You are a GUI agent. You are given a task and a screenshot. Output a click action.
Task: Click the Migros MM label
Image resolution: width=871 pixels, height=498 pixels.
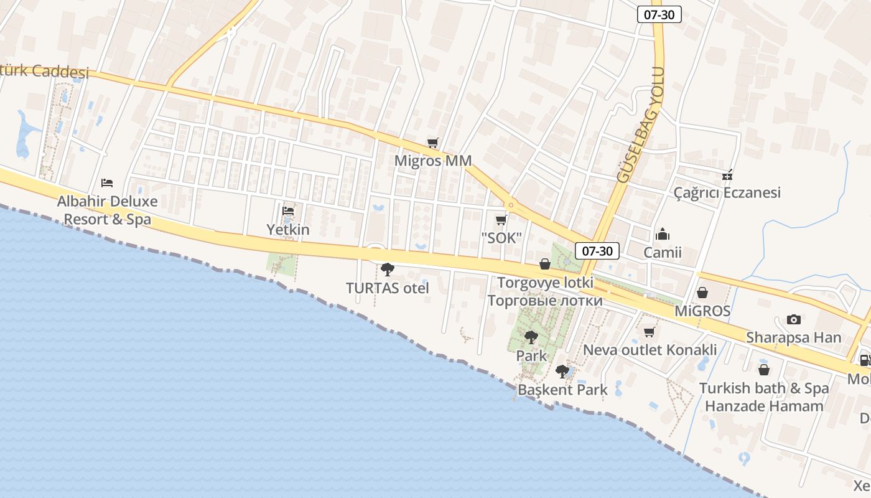click(x=433, y=161)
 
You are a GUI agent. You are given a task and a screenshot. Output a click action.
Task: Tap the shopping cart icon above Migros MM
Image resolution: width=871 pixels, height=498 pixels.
click(x=433, y=143)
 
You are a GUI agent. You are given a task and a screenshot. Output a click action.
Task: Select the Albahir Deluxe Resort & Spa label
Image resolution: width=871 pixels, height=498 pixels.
click(x=107, y=210)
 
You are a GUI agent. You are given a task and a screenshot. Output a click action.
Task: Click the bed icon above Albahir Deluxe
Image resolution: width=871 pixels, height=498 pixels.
click(x=107, y=183)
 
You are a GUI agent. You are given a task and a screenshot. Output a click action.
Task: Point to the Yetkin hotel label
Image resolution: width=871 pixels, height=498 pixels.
click(x=288, y=230)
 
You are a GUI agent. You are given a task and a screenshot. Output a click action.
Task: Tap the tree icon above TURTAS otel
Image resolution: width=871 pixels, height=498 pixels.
click(x=388, y=270)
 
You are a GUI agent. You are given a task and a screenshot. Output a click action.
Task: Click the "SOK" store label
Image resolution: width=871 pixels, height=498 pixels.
click(x=501, y=238)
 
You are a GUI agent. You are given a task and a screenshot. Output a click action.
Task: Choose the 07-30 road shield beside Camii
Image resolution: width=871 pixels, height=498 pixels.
click(x=597, y=251)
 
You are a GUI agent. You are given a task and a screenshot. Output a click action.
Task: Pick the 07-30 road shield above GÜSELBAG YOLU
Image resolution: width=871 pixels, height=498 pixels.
click(x=659, y=14)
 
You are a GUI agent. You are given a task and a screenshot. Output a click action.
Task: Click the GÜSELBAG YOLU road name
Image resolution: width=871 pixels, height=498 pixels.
click(x=641, y=125)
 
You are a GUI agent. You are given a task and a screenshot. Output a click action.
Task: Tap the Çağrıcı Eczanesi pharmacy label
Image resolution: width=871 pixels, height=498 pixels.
click(x=727, y=192)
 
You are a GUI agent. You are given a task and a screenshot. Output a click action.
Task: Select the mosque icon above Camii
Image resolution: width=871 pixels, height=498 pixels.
click(x=663, y=235)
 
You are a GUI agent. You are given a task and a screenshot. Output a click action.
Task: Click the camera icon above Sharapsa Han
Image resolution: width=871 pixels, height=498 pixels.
click(x=793, y=319)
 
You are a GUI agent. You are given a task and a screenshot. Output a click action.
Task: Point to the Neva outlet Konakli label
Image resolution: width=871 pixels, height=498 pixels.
click(x=650, y=350)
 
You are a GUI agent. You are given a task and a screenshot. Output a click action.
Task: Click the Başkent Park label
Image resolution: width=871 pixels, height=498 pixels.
click(x=562, y=390)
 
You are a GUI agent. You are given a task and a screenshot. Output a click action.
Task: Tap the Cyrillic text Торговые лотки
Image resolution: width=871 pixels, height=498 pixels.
click(x=545, y=301)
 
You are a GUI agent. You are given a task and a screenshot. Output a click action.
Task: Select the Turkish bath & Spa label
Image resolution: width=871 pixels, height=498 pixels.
click(x=764, y=388)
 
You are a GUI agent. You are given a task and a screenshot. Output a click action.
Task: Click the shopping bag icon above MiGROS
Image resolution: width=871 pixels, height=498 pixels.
click(x=702, y=292)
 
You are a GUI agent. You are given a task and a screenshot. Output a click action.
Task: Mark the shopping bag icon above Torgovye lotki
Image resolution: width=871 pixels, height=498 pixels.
click(x=545, y=264)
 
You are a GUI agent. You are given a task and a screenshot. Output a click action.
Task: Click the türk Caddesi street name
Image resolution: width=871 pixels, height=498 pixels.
click(x=44, y=72)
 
